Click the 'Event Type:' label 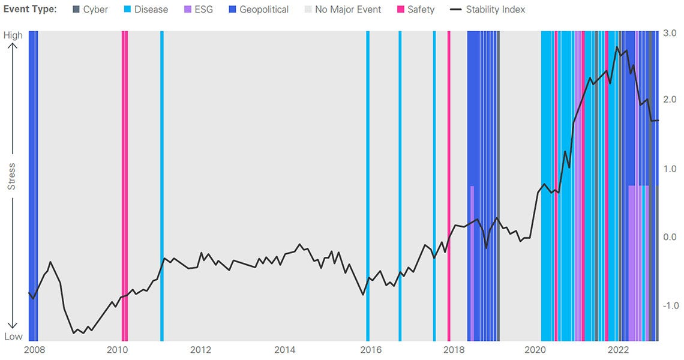pos(30,10)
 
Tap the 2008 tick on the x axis pos(34,350)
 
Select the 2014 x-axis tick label pos(284,350)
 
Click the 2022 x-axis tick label pos(619,350)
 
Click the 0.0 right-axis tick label pos(670,237)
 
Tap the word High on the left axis pos(13,35)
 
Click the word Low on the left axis pos(13,337)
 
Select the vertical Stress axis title pos(11,176)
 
